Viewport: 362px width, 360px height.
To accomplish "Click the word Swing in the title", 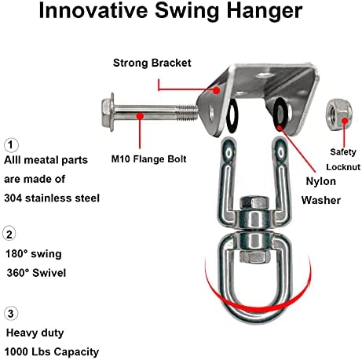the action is (187, 11).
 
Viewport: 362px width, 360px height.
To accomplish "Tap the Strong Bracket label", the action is (152, 63).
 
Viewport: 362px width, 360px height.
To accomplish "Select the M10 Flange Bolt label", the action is (148, 159).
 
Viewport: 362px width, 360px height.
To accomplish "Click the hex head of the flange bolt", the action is (108, 111).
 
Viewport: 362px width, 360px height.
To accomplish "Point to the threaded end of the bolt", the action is (188, 112).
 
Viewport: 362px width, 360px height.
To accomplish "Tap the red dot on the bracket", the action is (216, 90).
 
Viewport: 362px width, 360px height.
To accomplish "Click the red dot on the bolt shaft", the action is (141, 115).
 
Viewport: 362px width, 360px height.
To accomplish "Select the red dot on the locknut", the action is (346, 121).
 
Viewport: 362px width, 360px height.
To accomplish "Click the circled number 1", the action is (11, 145).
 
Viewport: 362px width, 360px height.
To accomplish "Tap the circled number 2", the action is (9, 235).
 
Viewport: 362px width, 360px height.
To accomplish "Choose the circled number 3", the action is (11, 314).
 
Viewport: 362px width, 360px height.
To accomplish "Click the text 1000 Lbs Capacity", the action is (52, 352).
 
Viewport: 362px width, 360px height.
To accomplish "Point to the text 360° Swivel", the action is (36, 273).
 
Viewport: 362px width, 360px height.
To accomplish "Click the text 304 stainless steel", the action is (52, 198).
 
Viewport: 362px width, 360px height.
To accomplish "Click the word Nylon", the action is (321, 182).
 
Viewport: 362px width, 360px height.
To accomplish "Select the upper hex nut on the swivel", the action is (254, 203).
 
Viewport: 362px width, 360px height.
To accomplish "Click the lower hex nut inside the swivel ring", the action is (253, 256).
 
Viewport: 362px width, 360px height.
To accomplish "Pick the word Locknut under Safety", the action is (343, 167).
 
